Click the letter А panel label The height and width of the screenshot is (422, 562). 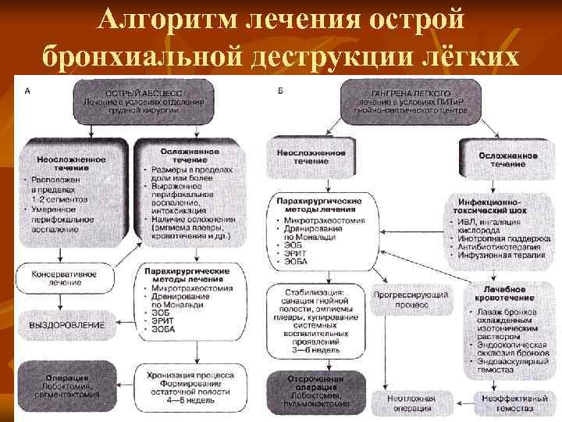tap(29, 91)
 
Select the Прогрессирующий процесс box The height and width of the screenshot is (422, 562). tap(411, 302)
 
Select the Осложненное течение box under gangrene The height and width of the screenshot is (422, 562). tap(507, 159)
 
